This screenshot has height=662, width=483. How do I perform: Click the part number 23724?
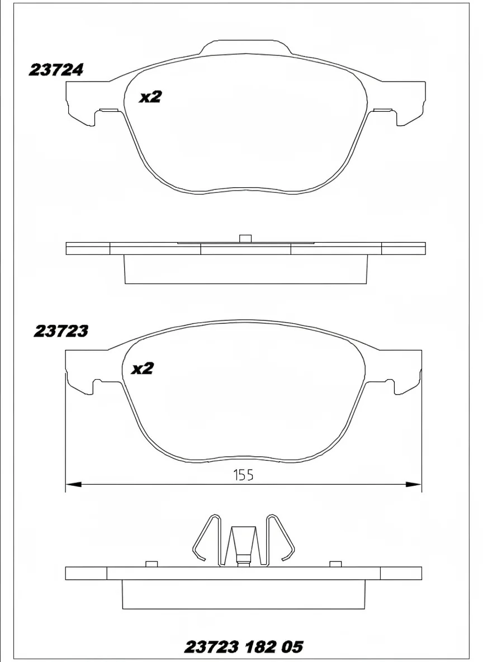coord(56,70)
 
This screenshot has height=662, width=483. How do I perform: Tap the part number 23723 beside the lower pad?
coord(61,332)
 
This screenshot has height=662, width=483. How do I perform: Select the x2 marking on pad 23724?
coord(151,97)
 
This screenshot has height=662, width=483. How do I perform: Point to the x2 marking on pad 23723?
coord(142,369)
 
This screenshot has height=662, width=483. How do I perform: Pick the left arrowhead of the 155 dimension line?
coord(74,484)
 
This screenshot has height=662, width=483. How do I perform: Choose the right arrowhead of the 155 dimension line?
coord(413,484)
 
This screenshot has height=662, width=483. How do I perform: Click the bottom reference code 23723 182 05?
coord(244,646)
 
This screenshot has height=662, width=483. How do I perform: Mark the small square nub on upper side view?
coord(245,239)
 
